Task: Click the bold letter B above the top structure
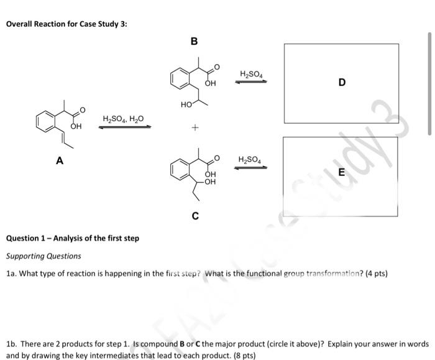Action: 194,42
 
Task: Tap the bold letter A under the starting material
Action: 60,160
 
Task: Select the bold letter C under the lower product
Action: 195,216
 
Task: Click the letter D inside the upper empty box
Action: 342,82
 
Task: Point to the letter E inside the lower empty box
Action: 341,175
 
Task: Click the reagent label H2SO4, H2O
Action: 123,119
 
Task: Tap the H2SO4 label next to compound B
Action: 251,75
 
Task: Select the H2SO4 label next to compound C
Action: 251,160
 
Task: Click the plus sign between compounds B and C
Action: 195,128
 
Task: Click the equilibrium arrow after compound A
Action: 125,127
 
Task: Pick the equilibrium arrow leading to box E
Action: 251,167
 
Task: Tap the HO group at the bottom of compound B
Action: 186,106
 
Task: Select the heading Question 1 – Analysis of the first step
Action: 73,238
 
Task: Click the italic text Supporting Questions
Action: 43,256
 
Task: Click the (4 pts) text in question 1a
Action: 375,273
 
